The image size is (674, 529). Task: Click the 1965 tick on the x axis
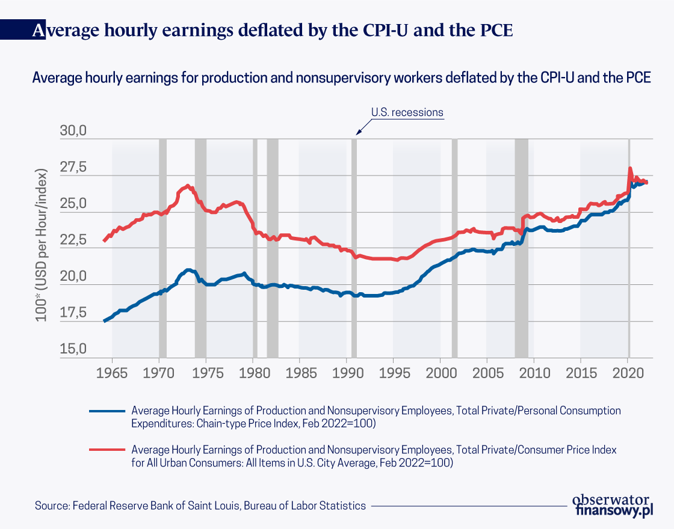[112, 373]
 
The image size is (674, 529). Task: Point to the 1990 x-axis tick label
[347, 373]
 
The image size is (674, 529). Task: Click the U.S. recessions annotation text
[407, 112]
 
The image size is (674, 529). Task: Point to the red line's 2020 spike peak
[629, 168]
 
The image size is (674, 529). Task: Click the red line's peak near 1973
[188, 186]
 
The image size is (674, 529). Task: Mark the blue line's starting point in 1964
[104, 321]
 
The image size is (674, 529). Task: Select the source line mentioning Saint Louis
[200, 506]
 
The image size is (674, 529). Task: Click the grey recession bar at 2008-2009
[521, 248]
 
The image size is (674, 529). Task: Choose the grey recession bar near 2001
[454, 248]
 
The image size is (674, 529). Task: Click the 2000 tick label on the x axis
[440, 373]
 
